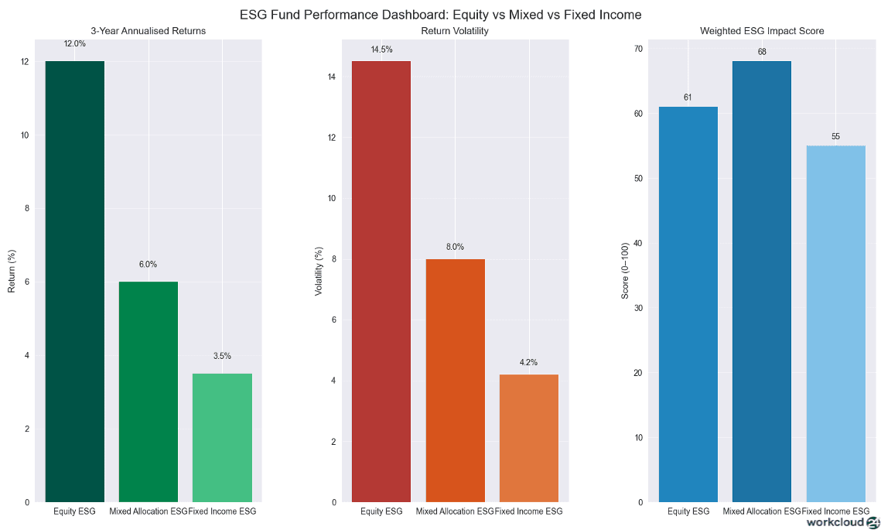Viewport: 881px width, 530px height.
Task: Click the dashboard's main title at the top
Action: pos(440,14)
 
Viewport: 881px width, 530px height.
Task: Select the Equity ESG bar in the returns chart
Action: pos(74,282)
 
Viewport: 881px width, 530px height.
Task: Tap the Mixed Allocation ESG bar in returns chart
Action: pos(148,392)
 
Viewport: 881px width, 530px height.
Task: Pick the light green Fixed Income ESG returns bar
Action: pos(222,438)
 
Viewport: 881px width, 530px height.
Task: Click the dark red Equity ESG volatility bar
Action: pos(381,282)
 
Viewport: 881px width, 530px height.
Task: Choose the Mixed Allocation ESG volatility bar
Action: pos(455,381)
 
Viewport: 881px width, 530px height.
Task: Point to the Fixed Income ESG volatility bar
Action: pos(528,438)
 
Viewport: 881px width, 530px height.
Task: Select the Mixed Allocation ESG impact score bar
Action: pos(761,282)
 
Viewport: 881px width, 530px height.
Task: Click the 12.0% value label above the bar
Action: pos(74,44)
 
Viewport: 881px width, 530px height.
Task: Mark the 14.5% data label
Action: pos(381,50)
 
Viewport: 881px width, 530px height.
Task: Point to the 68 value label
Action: pos(762,52)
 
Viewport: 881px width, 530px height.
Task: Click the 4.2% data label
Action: pos(528,362)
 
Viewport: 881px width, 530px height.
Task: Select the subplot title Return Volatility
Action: pos(455,31)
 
